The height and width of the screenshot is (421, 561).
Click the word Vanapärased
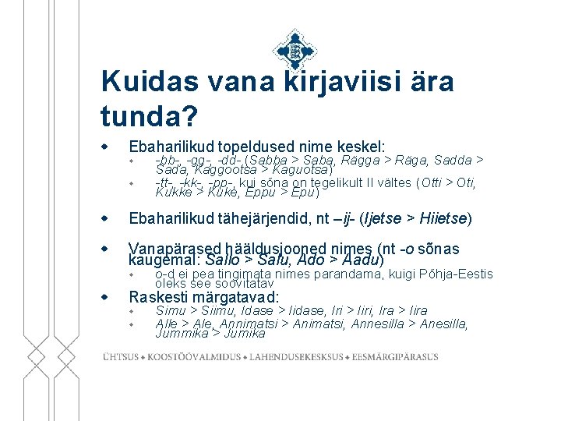tap(175, 249)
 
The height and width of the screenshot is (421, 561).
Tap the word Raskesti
tap(157, 297)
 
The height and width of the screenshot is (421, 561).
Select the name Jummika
tap(181, 334)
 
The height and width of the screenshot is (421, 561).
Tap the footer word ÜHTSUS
tap(120, 357)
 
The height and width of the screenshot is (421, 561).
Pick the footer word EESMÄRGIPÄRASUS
tap(394, 357)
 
